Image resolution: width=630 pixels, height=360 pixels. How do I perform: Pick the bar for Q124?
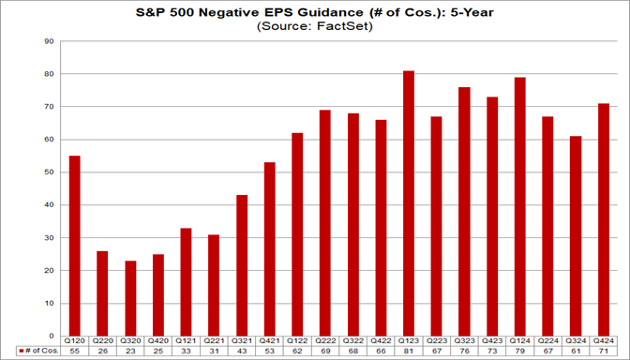pos(519,206)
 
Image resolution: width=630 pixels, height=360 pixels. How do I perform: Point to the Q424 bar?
pos(603,219)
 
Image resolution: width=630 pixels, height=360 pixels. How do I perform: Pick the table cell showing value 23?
pos(130,351)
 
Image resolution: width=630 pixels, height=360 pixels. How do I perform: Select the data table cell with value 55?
pos(75,351)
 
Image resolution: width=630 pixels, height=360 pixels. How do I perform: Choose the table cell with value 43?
pos(214,351)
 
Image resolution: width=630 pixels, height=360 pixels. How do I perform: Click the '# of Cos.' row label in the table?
pos(39,351)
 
